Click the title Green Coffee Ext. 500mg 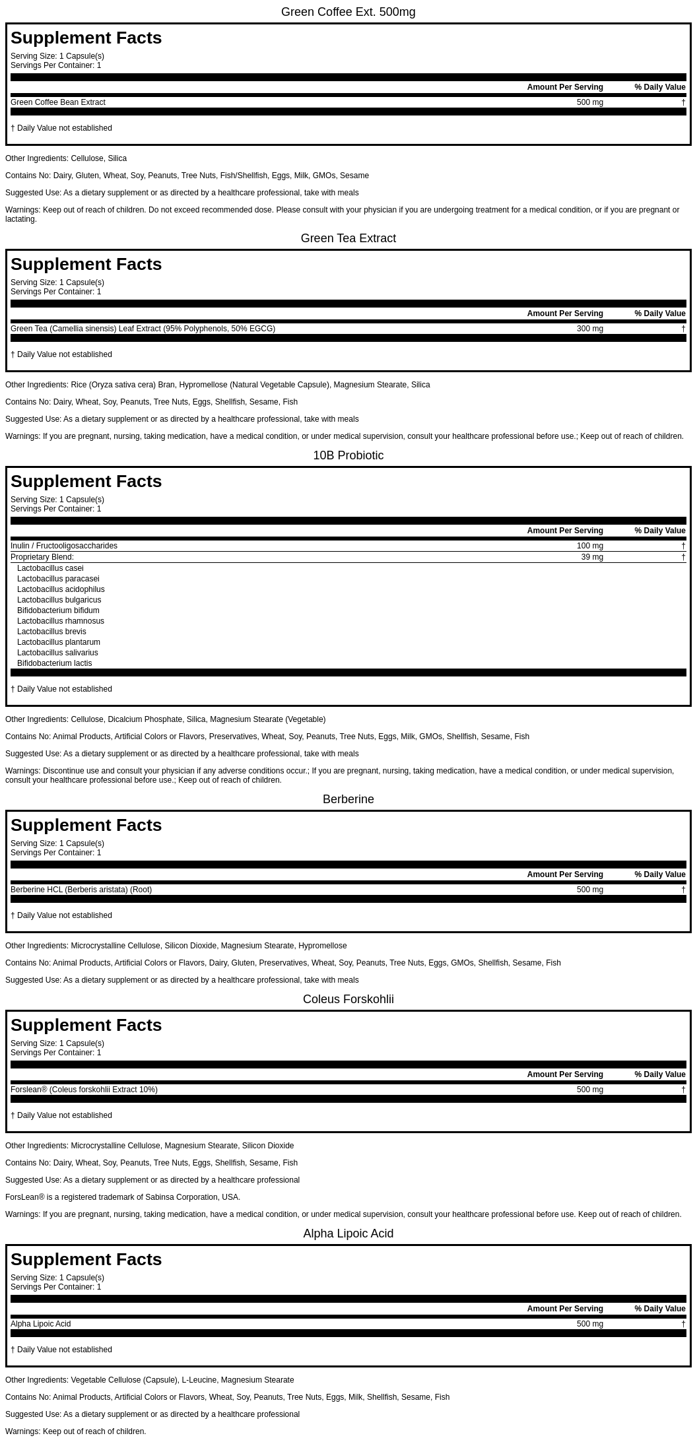(x=348, y=12)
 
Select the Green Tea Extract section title (x=348, y=238)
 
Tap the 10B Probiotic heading (x=348, y=455)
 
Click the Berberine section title (x=348, y=799)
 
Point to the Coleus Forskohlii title (x=348, y=999)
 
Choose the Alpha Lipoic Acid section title (x=348, y=1233)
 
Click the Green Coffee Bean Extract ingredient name (x=58, y=102)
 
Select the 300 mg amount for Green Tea (x=589, y=329)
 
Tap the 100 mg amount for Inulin (x=589, y=546)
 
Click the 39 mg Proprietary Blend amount (x=592, y=557)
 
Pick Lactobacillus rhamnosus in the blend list (x=61, y=621)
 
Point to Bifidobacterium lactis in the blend (x=55, y=663)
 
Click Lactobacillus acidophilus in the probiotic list (x=61, y=589)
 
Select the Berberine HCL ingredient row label (x=81, y=890)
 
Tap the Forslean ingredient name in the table (x=84, y=1090)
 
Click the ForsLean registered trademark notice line (x=123, y=1197)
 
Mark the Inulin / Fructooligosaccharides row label (x=64, y=546)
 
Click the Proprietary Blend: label (x=42, y=557)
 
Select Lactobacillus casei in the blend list (x=50, y=568)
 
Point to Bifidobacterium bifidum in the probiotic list (x=58, y=610)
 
